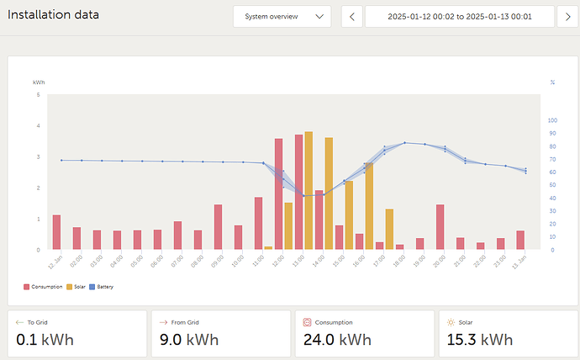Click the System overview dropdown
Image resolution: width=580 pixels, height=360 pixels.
(x=282, y=17)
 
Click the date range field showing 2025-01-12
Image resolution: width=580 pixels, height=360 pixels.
(x=460, y=17)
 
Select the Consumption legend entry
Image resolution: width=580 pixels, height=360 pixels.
(x=43, y=287)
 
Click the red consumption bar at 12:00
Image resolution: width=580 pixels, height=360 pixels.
(x=278, y=194)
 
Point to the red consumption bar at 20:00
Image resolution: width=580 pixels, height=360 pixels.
(x=440, y=227)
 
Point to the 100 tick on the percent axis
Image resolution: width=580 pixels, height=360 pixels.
(x=552, y=120)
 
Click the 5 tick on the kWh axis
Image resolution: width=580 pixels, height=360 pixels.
(x=37, y=95)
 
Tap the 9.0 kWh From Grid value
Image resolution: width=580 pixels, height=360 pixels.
(x=188, y=339)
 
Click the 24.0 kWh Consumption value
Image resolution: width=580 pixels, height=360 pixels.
(x=336, y=339)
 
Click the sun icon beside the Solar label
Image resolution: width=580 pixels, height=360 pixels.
(x=451, y=321)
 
